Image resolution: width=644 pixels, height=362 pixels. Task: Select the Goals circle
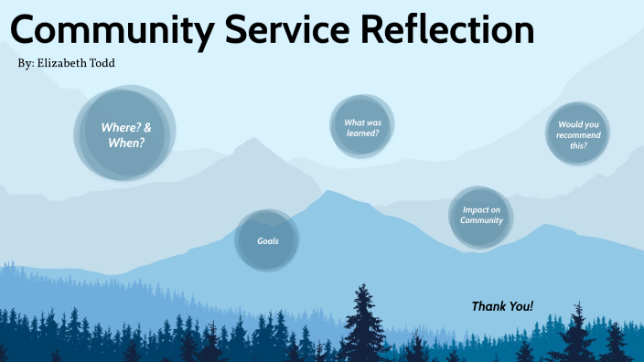[268, 241]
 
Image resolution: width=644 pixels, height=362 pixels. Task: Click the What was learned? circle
[362, 127]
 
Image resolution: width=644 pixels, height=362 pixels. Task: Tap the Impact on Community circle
[481, 216]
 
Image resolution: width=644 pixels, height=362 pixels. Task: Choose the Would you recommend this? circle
[578, 134]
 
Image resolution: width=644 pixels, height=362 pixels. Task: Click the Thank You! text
[502, 306]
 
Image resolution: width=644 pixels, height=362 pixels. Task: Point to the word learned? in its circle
[362, 133]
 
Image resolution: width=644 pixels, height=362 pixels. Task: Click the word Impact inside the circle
[481, 209]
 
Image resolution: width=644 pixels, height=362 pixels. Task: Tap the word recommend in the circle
[578, 135]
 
